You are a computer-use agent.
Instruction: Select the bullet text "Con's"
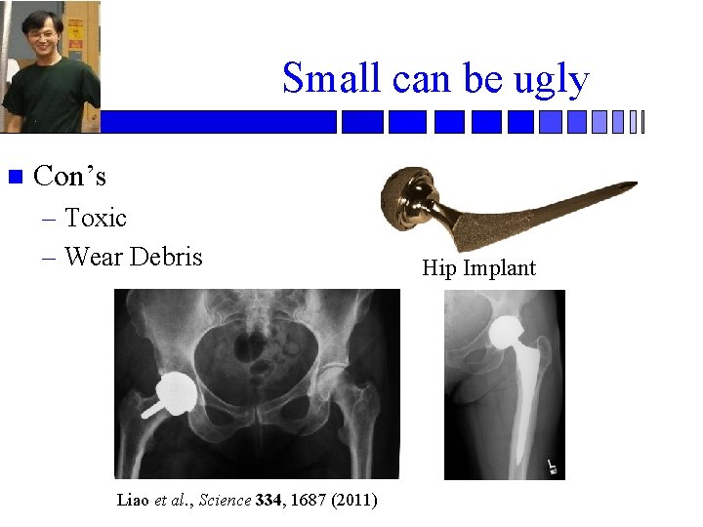(69, 177)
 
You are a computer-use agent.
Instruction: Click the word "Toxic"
(96, 218)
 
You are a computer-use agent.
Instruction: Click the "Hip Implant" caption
(478, 268)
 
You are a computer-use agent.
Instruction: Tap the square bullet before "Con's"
(14, 178)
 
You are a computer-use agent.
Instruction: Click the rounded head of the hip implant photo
(410, 195)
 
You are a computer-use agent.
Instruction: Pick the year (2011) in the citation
(353, 501)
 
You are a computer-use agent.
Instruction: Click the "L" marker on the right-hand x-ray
(552, 466)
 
